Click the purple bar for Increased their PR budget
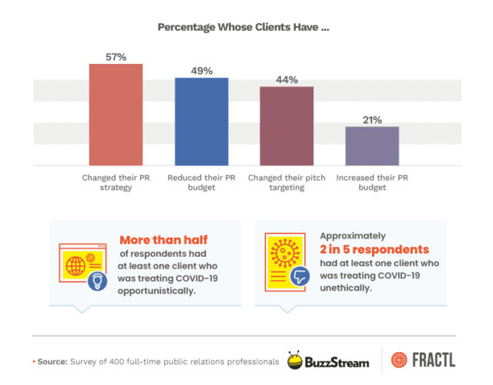coord(372,146)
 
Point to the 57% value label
coord(116,56)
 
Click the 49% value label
coord(201,69)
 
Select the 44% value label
coord(287,79)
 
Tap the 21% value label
coord(372,119)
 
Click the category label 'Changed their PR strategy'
coord(116,182)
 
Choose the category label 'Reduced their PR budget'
coord(201,182)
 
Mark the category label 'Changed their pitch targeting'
coord(287,182)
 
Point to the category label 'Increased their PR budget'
coord(372,182)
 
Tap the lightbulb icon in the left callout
coord(96,282)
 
